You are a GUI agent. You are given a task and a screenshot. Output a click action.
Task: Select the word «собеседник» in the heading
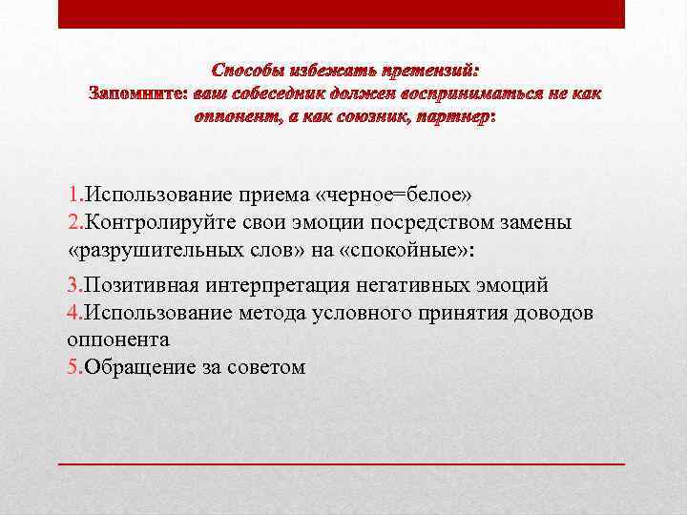pos(277,93)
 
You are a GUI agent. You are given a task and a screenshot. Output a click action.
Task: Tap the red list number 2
pos(73,222)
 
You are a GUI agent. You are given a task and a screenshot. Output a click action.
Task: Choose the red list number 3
pos(73,285)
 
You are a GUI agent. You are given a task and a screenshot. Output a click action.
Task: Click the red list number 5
pos(73,366)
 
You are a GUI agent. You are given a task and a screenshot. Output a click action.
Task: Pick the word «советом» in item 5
pos(266,366)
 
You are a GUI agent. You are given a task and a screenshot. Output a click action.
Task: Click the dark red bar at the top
pos(341,13)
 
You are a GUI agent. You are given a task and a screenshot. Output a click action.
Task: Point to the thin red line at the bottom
pos(341,463)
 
